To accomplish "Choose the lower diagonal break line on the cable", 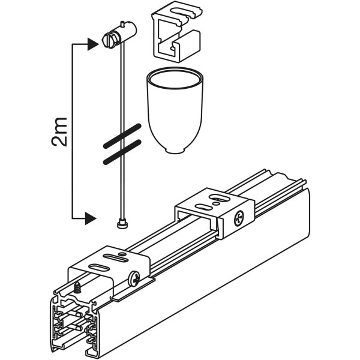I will point(121,151).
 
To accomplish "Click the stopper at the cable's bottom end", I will point(121,223).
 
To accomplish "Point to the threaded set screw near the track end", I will point(79,288).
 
